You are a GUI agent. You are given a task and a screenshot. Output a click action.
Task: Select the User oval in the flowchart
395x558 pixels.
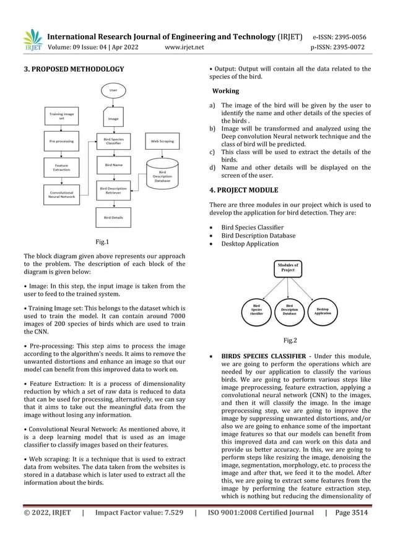113,90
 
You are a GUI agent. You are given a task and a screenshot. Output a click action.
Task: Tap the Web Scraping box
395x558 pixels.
162,141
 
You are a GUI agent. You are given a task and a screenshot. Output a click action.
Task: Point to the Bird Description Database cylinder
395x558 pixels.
162,174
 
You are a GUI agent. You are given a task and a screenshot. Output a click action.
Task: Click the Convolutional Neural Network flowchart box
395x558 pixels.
60,195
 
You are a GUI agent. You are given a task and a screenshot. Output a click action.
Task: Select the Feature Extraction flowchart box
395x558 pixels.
60,168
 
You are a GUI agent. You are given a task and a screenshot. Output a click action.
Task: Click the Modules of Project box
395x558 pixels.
288,268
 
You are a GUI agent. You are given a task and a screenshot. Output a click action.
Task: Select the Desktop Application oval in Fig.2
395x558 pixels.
323,311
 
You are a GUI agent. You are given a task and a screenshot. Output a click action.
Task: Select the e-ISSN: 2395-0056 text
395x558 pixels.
340,35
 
